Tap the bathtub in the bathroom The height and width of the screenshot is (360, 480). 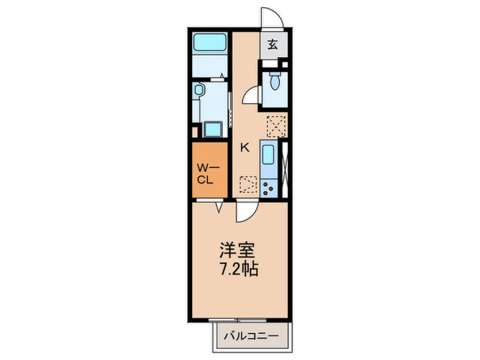click(x=210, y=42)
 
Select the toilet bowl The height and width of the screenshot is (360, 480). click(x=275, y=80)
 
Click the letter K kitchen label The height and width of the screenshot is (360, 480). click(x=245, y=148)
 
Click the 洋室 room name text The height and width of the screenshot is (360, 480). click(x=237, y=250)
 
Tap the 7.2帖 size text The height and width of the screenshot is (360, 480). click(x=239, y=269)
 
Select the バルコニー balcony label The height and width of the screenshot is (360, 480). click(x=251, y=336)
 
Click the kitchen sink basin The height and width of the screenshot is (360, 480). click(x=268, y=154)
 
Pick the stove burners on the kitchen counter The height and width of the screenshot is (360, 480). click(x=268, y=189)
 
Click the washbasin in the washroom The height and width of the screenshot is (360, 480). click(x=199, y=90)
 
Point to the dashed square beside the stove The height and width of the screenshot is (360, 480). click(x=249, y=185)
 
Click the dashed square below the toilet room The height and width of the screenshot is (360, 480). click(x=276, y=126)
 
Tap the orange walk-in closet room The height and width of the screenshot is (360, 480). click(x=210, y=170)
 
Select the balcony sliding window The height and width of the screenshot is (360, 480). click(x=238, y=320)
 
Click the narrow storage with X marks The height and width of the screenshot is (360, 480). click(x=285, y=170)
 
